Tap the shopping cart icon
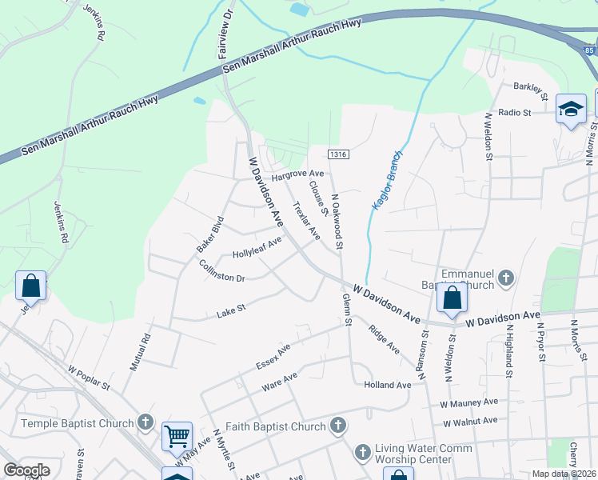click(177, 437)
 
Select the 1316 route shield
click(336, 153)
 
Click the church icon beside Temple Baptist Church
click(145, 422)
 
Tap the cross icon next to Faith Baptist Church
click(338, 426)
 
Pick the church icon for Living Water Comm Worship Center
click(362, 453)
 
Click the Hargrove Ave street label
click(297, 174)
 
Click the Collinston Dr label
click(221, 271)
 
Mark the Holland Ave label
click(387, 385)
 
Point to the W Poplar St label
click(89, 378)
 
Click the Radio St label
click(515, 113)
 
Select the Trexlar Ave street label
click(306, 221)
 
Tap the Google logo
click(26, 470)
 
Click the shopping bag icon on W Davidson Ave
click(452, 298)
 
